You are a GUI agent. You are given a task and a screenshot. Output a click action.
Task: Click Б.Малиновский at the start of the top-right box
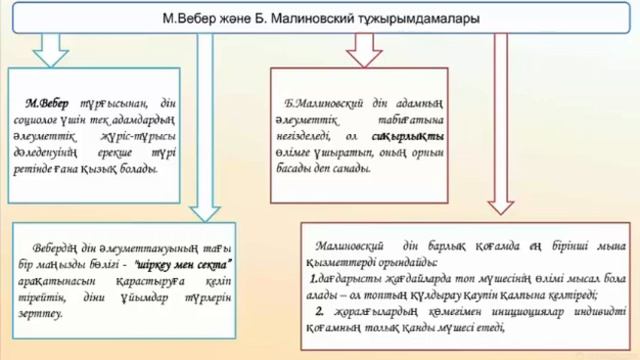329,103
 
